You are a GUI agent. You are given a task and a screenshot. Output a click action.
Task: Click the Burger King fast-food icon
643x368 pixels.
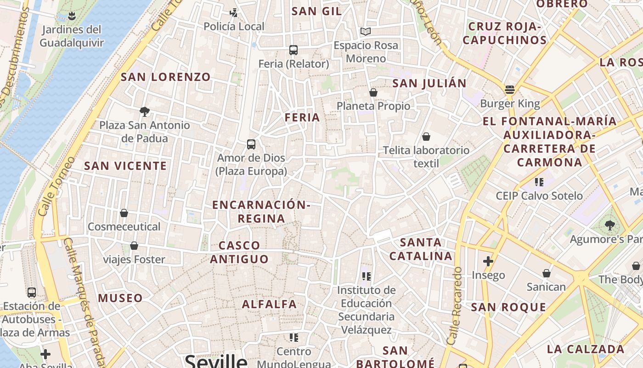[509, 89]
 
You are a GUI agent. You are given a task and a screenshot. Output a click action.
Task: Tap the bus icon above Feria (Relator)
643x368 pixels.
[293, 50]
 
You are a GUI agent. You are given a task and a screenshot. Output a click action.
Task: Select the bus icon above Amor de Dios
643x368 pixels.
[251, 144]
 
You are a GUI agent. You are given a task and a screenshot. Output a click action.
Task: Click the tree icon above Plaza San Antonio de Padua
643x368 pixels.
[145, 111]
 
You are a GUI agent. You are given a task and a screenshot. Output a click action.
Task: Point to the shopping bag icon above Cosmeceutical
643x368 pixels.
[124, 213]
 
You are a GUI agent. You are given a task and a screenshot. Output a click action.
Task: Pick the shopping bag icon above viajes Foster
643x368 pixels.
[134, 246]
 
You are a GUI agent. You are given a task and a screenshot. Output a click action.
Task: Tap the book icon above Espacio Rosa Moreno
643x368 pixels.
[366, 31]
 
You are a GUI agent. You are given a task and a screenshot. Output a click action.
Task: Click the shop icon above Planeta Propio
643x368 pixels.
[373, 92]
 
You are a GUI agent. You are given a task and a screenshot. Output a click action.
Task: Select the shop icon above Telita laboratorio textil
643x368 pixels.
[426, 137]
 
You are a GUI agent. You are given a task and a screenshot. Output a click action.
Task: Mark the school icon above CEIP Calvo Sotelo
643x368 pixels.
[539, 182]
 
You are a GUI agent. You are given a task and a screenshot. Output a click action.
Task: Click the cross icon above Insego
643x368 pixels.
[488, 261]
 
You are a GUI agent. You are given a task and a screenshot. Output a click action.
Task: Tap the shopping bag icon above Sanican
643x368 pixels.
[547, 273]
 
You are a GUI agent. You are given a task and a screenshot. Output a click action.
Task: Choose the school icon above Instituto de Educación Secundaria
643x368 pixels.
[367, 276]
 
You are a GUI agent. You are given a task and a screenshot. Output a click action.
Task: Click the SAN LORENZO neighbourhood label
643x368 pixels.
[165, 77]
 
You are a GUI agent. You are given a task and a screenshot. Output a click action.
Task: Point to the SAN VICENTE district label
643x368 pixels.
[125, 166]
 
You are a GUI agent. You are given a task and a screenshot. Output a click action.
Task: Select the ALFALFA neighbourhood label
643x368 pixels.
[270, 304]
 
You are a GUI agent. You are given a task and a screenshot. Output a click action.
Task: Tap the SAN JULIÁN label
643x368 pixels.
[429, 83]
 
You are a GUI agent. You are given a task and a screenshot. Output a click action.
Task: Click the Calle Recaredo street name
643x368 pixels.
[454, 306]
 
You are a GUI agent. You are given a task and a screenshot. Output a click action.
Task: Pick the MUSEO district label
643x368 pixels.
[120, 298]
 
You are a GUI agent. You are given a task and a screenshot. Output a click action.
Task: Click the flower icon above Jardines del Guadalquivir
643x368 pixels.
[71, 17]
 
